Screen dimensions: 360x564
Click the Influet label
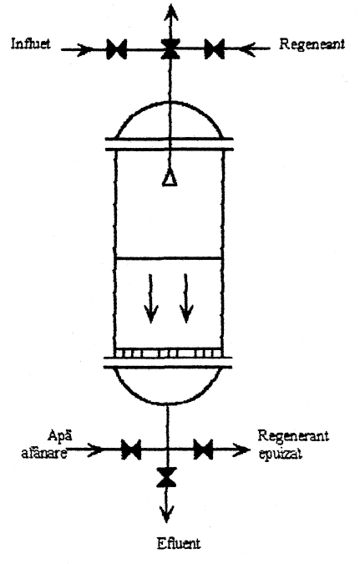click(31, 43)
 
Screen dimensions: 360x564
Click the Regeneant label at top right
click(312, 44)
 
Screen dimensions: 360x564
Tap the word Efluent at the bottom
click(179, 543)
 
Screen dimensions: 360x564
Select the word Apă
click(59, 435)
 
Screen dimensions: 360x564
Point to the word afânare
click(44, 453)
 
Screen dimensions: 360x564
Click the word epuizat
click(280, 454)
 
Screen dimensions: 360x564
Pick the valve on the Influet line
click(117, 49)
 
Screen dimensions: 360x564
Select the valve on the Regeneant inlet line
click(215, 49)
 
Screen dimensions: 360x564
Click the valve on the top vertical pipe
click(170, 49)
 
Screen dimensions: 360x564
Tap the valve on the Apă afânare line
click(131, 450)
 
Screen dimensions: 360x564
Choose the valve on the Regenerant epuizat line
click(203, 450)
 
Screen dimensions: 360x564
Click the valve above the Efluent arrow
click(166, 477)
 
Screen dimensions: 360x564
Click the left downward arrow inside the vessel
click(151, 298)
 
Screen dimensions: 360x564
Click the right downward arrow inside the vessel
click(186, 298)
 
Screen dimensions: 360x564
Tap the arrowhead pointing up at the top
click(171, 13)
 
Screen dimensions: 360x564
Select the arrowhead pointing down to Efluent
click(166, 514)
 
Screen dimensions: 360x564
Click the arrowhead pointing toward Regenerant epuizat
click(241, 450)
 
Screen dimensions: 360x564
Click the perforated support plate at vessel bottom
click(168, 353)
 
